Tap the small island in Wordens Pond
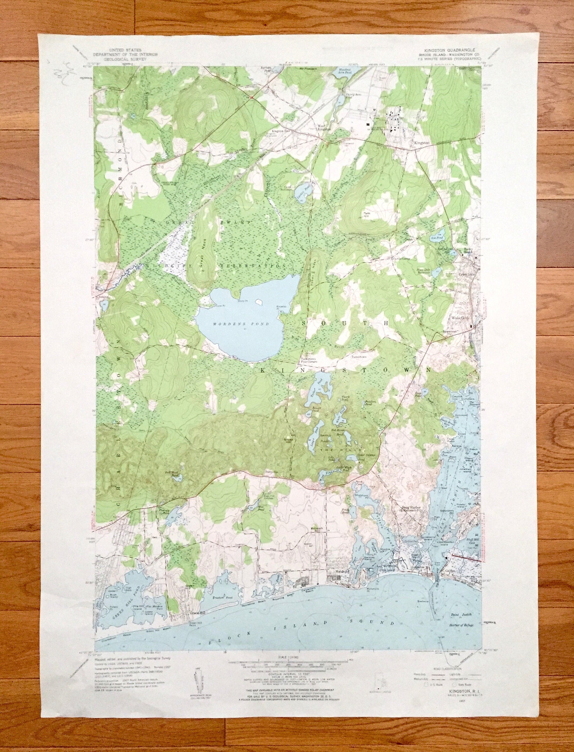[259, 302]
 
